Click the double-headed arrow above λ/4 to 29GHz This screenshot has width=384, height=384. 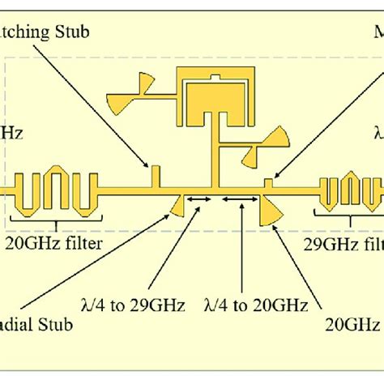point(198,199)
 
